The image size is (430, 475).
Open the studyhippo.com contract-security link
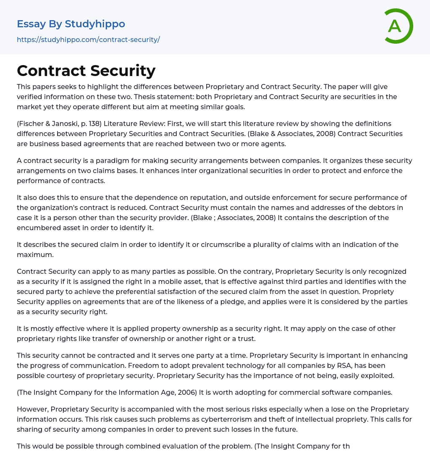(x=88, y=39)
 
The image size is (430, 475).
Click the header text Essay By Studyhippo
(x=71, y=24)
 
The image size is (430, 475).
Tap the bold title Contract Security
(x=86, y=71)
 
